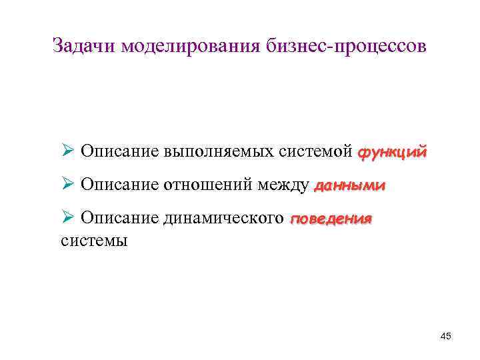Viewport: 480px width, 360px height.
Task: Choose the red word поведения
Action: [331, 219]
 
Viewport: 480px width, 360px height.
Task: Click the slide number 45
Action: [446, 336]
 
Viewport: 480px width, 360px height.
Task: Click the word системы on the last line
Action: [94, 240]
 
